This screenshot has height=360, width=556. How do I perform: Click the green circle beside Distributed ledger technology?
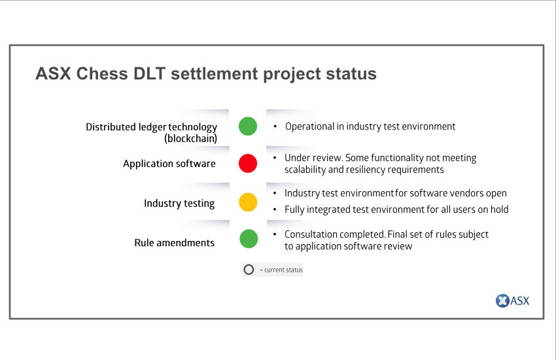(x=248, y=126)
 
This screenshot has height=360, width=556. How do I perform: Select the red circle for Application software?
(x=248, y=164)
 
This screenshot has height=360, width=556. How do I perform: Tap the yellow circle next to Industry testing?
(x=248, y=202)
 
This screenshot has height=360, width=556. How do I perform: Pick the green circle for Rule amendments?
(x=249, y=239)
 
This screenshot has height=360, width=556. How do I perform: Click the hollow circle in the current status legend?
(x=249, y=270)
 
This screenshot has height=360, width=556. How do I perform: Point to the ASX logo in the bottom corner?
(x=512, y=301)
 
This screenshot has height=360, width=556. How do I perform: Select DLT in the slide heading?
(x=150, y=74)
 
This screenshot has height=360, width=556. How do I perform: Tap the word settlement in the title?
(x=215, y=74)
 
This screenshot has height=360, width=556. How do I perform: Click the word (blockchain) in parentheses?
(x=190, y=138)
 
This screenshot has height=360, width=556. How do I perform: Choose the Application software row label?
(x=169, y=164)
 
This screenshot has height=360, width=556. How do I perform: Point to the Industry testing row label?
(x=179, y=203)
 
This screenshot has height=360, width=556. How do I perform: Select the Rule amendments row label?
(x=175, y=243)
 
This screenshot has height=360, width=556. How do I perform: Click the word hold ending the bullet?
(x=499, y=209)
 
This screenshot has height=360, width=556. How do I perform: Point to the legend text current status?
(x=283, y=270)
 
